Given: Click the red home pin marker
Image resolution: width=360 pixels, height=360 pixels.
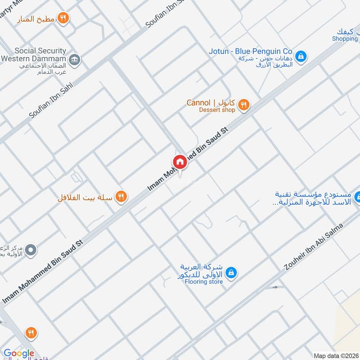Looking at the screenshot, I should tap(179, 162).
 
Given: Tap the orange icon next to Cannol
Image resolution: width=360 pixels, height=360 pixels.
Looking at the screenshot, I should tap(243, 105).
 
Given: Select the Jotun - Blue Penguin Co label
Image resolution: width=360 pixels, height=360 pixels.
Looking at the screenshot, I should tap(251, 51).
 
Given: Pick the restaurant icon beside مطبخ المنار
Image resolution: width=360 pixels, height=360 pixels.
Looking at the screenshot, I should tap(63, 18).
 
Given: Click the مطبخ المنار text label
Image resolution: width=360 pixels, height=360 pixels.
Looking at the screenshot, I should tap(36, 19).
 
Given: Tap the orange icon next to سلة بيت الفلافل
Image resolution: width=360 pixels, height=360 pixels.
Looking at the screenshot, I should tap(121, 196).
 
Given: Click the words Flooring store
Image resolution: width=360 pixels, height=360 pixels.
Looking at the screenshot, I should tap(204, 282).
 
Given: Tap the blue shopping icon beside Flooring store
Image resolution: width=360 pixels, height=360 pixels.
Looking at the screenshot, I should tap(231, 273).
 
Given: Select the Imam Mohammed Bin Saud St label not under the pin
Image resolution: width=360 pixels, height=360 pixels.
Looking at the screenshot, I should tap(43, 272).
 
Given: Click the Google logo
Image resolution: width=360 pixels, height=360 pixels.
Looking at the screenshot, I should tap(19, 354).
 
